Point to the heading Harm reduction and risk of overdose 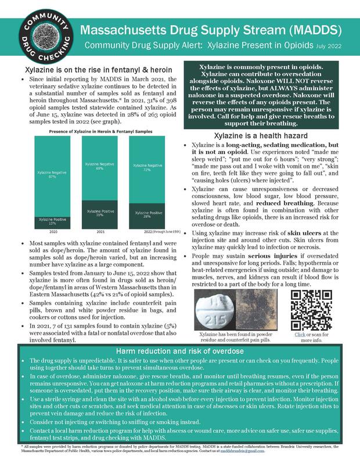pyautogui.click(x=180, y=352)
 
